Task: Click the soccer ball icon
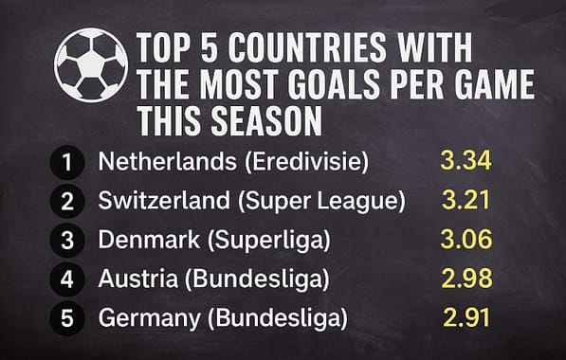coord(91,64)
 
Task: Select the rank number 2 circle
coord(66,201)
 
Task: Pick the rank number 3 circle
coord(66,240)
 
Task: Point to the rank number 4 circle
coord(66,279)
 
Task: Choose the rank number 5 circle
coord(66,317)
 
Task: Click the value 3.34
coord(466,161)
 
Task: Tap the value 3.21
coord(466,200)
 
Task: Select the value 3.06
coord(466,239)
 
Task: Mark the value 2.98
coord(466,278)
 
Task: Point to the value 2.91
coord(466,316)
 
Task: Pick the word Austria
coord(129,279)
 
